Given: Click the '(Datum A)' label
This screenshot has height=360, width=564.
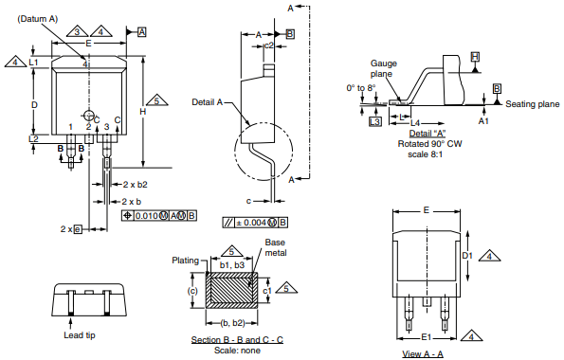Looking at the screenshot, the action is click(x=38, y=19).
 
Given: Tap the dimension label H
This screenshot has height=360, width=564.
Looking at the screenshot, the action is click(x=143, y=112).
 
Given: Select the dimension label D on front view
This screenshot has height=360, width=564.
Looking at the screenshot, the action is click(x=34, y=105).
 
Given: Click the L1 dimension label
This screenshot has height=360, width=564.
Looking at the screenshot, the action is click(x=33, y=63).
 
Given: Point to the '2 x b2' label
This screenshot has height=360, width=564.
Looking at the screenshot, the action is click(x=136, y=185).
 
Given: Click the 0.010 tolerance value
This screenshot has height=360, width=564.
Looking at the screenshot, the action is click(x=146, y=215).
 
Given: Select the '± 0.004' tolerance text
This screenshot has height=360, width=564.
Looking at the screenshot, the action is click(x=251, y=223).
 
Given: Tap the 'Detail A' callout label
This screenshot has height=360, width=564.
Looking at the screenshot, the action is click(x=208, y=102).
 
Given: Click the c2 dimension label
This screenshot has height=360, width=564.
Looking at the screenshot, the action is click(x=269, y=45).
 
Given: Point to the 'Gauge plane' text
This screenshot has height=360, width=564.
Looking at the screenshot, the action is click(x=384, y=68).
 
